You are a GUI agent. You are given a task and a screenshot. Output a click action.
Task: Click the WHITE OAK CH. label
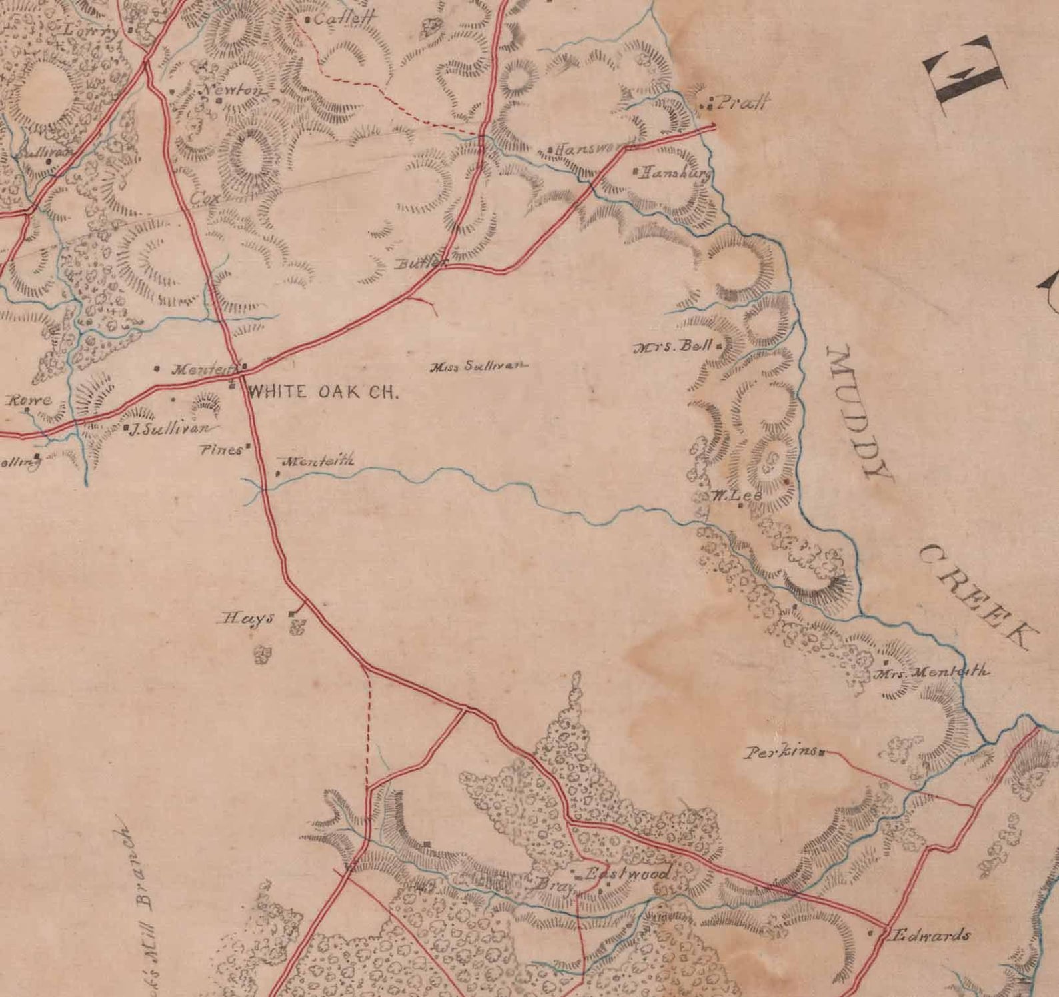pyautogui.click(x=323, y=393)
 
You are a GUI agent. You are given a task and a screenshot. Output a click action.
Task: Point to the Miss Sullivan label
pyautogui.click(x=479, y=366)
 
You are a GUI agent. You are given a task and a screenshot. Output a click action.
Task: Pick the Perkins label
pyautogui.click(x=781, y=752)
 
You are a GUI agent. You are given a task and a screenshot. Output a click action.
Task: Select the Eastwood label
pyautogui.click(x=626, y=873)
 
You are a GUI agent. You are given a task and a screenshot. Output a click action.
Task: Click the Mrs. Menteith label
pyautogui.click(x=932, y=672)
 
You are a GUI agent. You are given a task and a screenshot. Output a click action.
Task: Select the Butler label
pyautogui.click(x=419, y=263)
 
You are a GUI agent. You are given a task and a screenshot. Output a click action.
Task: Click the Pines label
pyautogui.click(x=221, y=450)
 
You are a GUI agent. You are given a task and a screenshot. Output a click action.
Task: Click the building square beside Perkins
pyautogui.click(x=822, y=752)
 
